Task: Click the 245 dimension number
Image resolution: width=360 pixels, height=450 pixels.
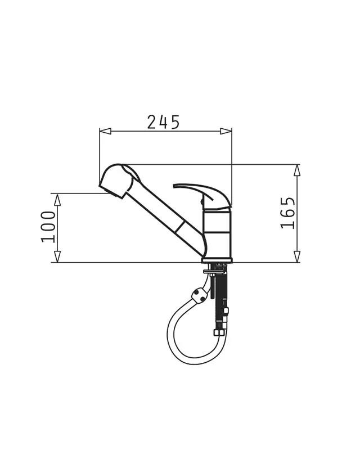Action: tap(163, 122)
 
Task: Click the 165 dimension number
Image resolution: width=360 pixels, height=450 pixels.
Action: tap(287, 213)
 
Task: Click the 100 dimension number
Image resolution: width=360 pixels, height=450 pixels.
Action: tap(48, 227)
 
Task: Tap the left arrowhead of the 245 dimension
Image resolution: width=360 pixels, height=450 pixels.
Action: tap(105, 131)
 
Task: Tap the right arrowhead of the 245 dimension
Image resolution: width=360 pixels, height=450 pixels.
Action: tap(226, 131)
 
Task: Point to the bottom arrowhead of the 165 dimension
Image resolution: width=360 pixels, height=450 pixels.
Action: tap(297, 256)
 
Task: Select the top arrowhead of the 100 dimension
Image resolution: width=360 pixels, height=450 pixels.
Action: tap(57, 200)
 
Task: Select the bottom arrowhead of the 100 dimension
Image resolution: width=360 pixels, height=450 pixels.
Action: tap(57, 256)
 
